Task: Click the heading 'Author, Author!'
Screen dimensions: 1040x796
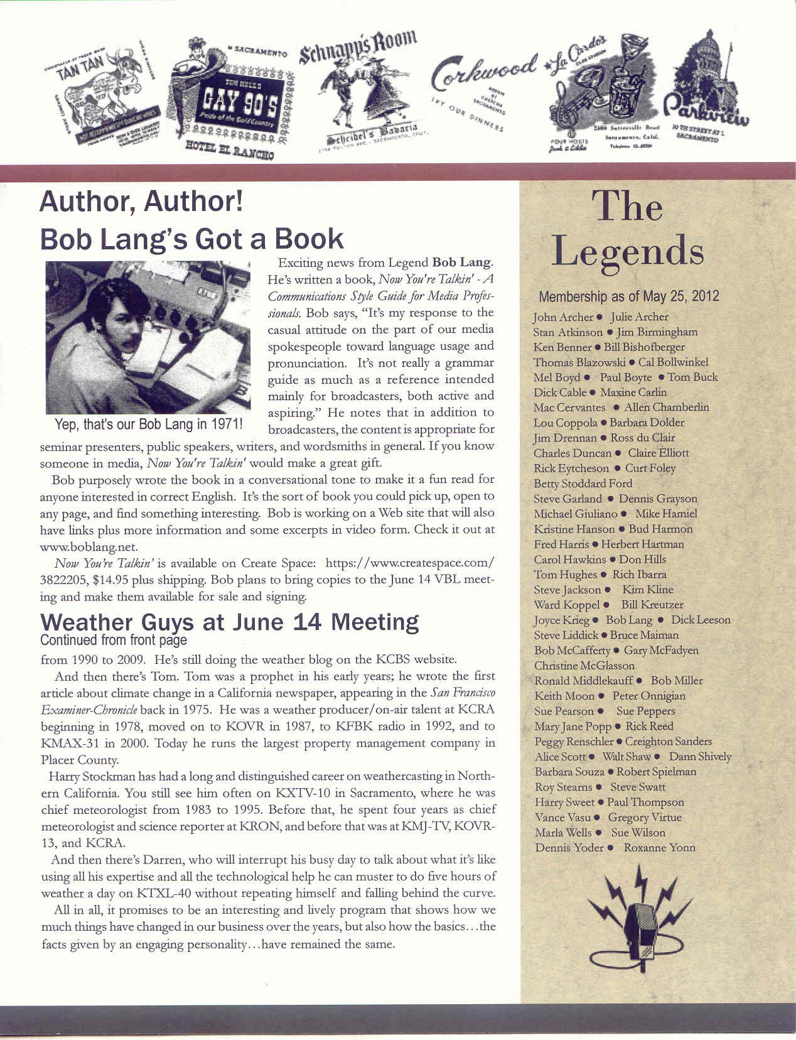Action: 141,202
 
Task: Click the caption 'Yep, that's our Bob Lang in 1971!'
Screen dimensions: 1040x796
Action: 149,424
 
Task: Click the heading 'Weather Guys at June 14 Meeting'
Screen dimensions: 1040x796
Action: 229,622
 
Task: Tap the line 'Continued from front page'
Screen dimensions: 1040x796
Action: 114,640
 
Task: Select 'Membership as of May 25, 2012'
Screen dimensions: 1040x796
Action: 628,296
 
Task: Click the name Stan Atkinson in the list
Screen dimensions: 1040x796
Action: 567,332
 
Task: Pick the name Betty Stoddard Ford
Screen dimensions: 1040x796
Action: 583,484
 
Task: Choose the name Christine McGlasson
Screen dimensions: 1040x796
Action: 584,666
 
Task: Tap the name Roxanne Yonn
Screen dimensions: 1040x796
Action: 659,848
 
